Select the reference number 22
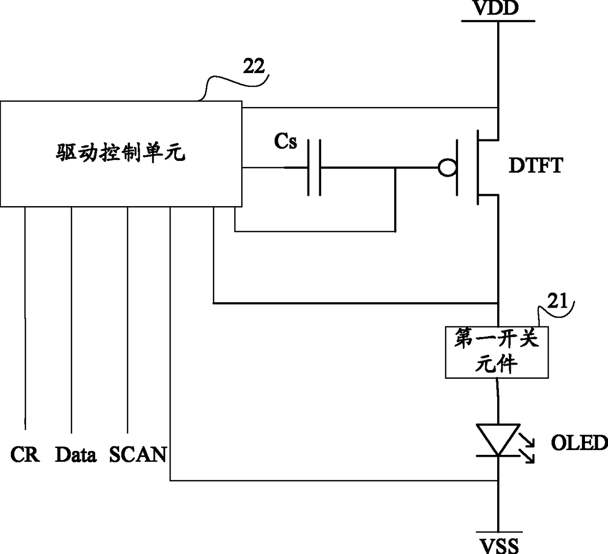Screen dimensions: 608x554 [253, 66]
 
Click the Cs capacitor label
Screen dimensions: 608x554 [285, 141]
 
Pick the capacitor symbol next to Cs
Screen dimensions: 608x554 [314, 167]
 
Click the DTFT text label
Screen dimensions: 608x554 [536, 165]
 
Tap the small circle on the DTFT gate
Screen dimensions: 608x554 [447, 167]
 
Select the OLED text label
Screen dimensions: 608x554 [579, 443]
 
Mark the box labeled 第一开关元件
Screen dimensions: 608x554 [497, 352]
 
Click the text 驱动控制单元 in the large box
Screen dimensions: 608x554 [120, 152]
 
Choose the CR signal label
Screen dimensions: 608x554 [25, 454]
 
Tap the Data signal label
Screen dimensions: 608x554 [76, 454]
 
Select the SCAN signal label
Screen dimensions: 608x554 [138, 454]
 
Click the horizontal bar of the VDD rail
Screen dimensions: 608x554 [498, 21]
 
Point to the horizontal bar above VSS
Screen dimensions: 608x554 [499, 532]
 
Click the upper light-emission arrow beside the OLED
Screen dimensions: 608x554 [526, 440]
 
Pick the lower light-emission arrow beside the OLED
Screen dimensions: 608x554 [527, 456]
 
